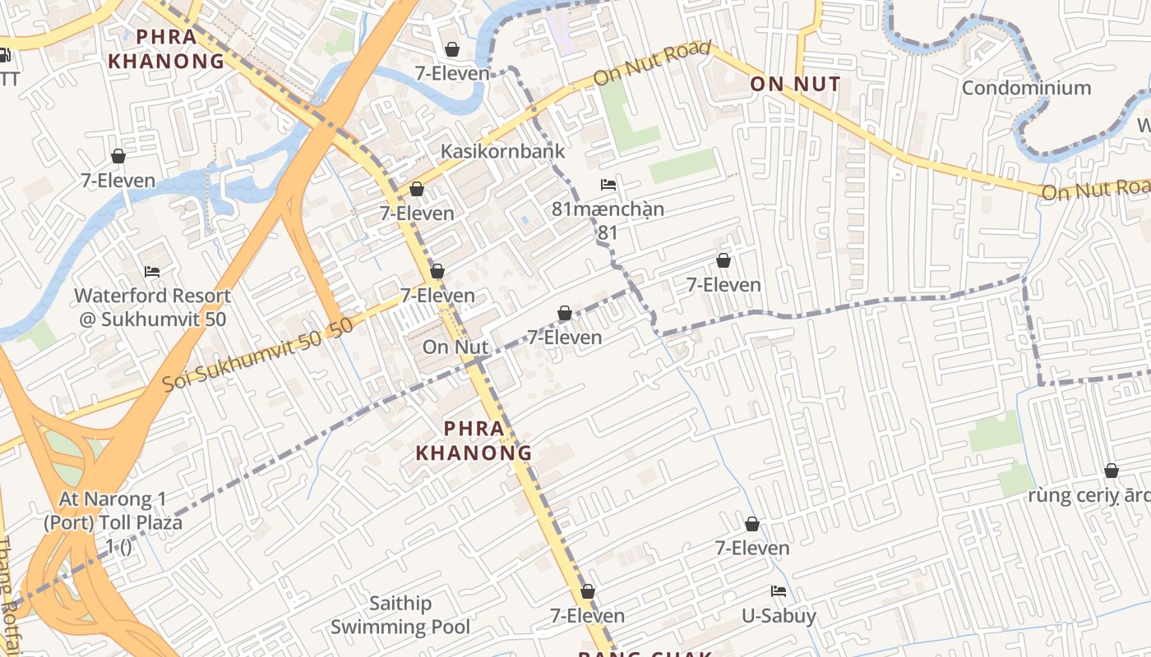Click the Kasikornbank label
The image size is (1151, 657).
click(503, 151)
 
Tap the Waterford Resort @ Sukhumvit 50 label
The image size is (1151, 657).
click(152, 307)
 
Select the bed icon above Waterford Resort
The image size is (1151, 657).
click(152, 271)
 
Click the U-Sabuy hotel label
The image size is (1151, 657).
click(779, 616)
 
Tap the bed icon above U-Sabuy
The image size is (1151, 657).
click(779, 591)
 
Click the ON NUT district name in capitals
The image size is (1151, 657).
click(795, 84)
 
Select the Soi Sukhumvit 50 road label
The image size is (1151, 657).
click(257, 354)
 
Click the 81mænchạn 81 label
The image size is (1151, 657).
click(608, 220)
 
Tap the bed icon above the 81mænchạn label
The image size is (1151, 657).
click(608, 185)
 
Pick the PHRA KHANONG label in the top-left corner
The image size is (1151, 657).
click(166, 48)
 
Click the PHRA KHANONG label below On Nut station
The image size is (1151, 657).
click(474, 440)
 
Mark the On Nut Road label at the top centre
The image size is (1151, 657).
click(652, 62)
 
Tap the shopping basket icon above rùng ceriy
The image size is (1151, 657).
click(1111, 471)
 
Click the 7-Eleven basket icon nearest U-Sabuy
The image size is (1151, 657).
click(751, 524)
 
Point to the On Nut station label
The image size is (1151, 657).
click(455, 347)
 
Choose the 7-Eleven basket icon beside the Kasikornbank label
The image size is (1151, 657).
click(417, 189)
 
